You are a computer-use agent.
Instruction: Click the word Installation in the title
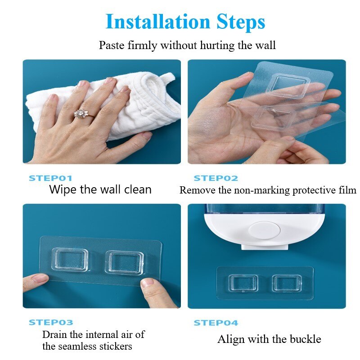tap(158, 21)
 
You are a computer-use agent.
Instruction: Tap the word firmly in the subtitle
tap(142, 45)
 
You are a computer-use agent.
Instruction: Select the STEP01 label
tap(50, 178)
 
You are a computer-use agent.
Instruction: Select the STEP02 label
tap(216, 178)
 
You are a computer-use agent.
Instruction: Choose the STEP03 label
tap(51, 322)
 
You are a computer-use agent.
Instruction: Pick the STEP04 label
tap(216, 323)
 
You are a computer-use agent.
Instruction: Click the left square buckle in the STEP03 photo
tap(70, 260)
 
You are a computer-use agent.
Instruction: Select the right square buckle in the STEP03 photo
tap(125, 262)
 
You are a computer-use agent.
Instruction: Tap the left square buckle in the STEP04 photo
tap(243, 283)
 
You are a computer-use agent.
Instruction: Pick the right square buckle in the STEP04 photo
tap(287, 283)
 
